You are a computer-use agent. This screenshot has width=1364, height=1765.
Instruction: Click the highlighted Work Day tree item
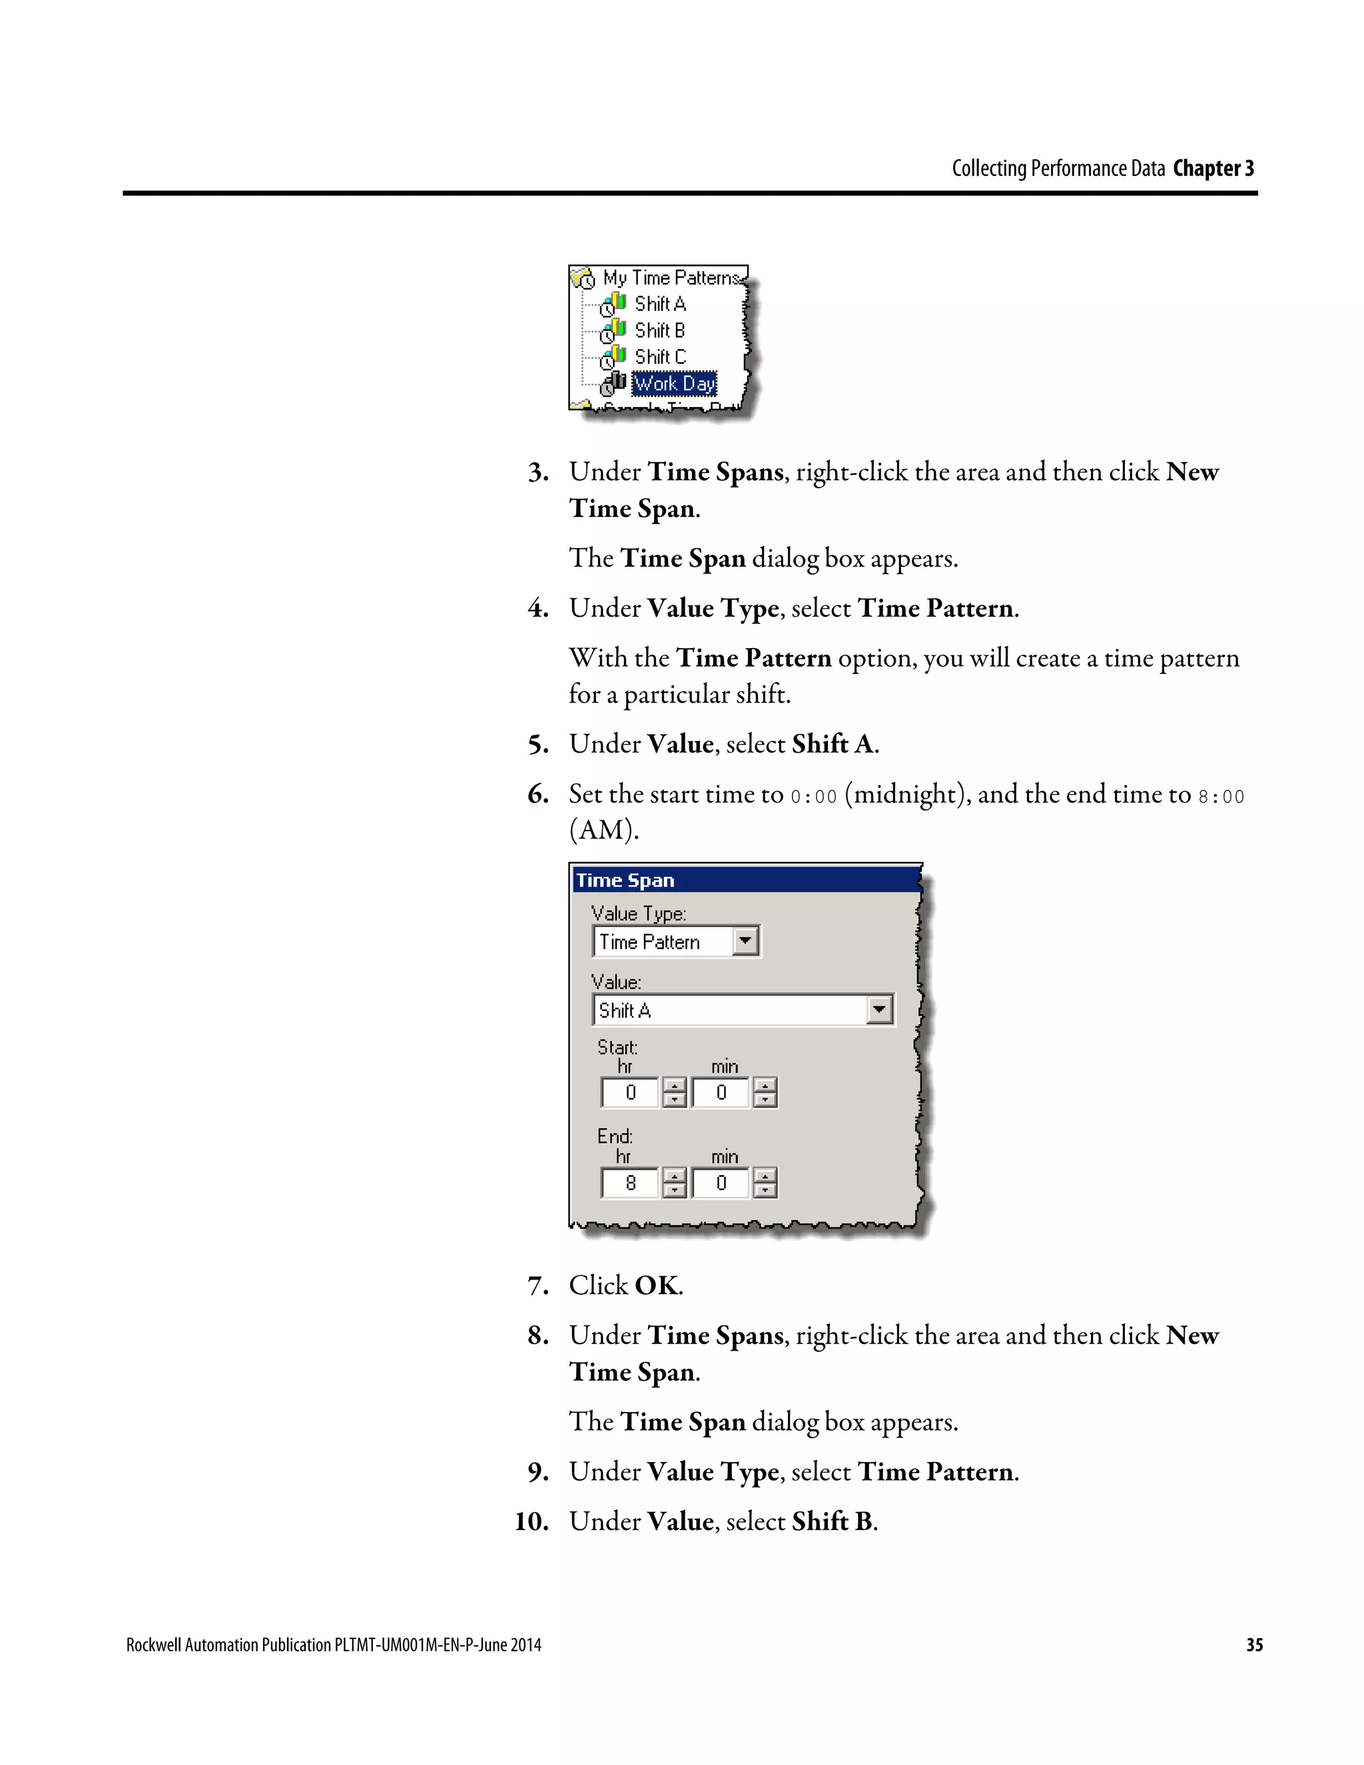[674, 383]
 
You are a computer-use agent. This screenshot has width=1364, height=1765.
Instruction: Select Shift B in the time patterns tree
[659, 330]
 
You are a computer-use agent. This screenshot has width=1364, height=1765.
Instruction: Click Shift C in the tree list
[659, 356]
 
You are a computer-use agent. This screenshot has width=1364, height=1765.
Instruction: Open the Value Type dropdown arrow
[745, 940]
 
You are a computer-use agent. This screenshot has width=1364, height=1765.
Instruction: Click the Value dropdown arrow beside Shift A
[879, 1009]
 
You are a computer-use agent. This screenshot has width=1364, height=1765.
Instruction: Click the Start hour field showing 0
[630, 1092]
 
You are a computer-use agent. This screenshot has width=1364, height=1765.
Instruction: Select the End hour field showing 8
[630, 1183]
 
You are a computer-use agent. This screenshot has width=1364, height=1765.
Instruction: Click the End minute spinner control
[765, 1183]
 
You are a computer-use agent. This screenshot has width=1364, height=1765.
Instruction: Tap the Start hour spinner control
[674, 1092]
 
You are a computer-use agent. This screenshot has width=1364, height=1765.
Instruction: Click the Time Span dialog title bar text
[625, 880]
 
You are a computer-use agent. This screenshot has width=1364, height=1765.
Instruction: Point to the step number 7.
[537, 1285]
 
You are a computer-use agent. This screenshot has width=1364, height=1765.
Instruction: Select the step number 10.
[531, 1522]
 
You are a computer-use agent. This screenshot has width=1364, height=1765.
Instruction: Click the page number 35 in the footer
[1254, 1644]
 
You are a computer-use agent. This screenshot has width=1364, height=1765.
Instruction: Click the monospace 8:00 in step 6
[1221, 797]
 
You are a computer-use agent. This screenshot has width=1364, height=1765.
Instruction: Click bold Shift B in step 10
[833, 1522]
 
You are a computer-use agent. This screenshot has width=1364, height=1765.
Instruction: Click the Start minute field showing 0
[721, 1092]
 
